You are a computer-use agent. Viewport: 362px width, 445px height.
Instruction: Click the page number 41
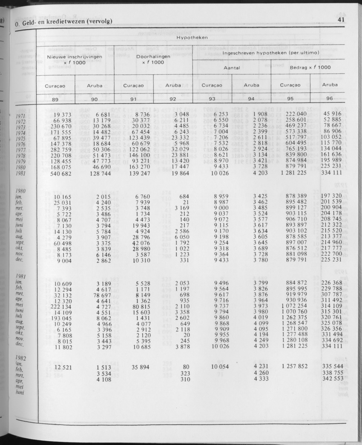click(340, 19)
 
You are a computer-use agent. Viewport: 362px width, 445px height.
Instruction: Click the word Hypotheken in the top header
click(191, 37)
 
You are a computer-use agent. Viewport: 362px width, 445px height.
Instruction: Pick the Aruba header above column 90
click(95, 85)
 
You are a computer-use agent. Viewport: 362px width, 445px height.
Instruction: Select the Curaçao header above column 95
click(290, 85)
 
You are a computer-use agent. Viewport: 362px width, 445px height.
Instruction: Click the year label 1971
click(21, 116)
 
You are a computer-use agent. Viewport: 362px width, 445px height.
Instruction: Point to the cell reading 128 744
click(100, 173)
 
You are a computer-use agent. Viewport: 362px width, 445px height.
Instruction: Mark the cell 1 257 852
click(294, 366)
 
